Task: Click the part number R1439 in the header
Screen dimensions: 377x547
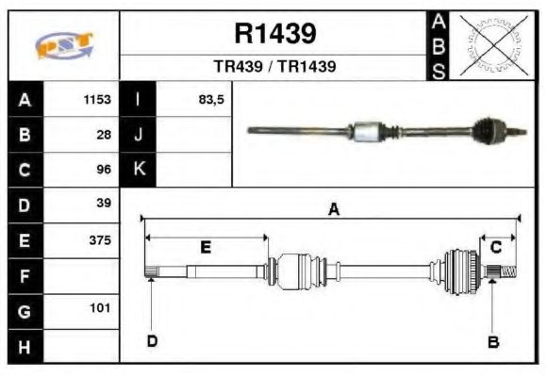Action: (x=274, y=34)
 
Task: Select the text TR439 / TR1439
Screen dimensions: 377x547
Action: (x=274, y=67)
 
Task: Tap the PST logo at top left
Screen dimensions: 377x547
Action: (x=64, y=44)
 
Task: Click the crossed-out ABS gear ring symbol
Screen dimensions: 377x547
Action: (x=491, y=45)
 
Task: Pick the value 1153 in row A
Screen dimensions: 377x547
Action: (x=97, y=100)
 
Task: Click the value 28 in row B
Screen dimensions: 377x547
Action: (x=104, y=135)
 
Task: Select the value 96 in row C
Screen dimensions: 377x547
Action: (x=104, y=170)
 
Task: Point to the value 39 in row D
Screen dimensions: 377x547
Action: (x=104, y=204)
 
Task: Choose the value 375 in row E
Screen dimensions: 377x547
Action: (x=100, y=239)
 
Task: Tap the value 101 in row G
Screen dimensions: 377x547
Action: (x=102, y=308)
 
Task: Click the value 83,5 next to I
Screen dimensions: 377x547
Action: (x=210, y=100)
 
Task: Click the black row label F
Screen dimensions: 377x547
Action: (x=25, y=275)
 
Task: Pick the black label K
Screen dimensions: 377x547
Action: (x=139, y=170)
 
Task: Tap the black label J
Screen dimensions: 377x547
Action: (x=139, y=135)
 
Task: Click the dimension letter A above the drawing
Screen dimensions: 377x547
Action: (x=333, y=210)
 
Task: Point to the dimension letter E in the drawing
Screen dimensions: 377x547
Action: (x=206, y=248)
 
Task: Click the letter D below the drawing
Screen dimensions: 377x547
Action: (x=152, y=341)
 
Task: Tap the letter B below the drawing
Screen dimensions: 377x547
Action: (x=492, y=341)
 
